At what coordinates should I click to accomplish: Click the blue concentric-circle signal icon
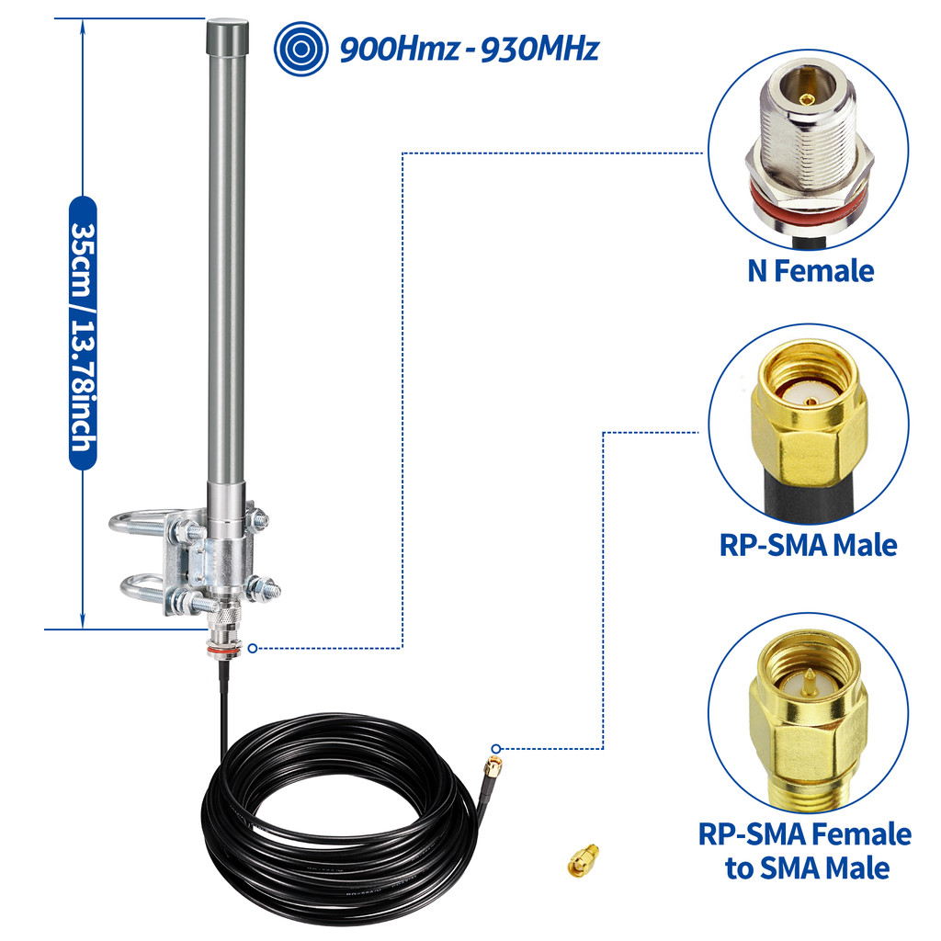click(x=301, y=48)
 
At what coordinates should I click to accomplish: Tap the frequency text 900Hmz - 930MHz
click(x=469, y=48)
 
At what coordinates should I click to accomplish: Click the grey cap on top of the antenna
click(x=226, y=38)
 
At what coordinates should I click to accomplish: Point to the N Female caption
click(x=809, y=270)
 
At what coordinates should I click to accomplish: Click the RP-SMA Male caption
click(x=808, y=544)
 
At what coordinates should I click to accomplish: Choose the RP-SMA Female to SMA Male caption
click(x=806, y=850)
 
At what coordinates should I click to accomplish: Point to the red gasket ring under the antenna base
click(x=221, y=648)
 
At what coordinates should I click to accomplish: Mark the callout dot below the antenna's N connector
click(x=253, y=648)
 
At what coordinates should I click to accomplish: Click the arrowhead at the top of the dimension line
click(x=84, y=26)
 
